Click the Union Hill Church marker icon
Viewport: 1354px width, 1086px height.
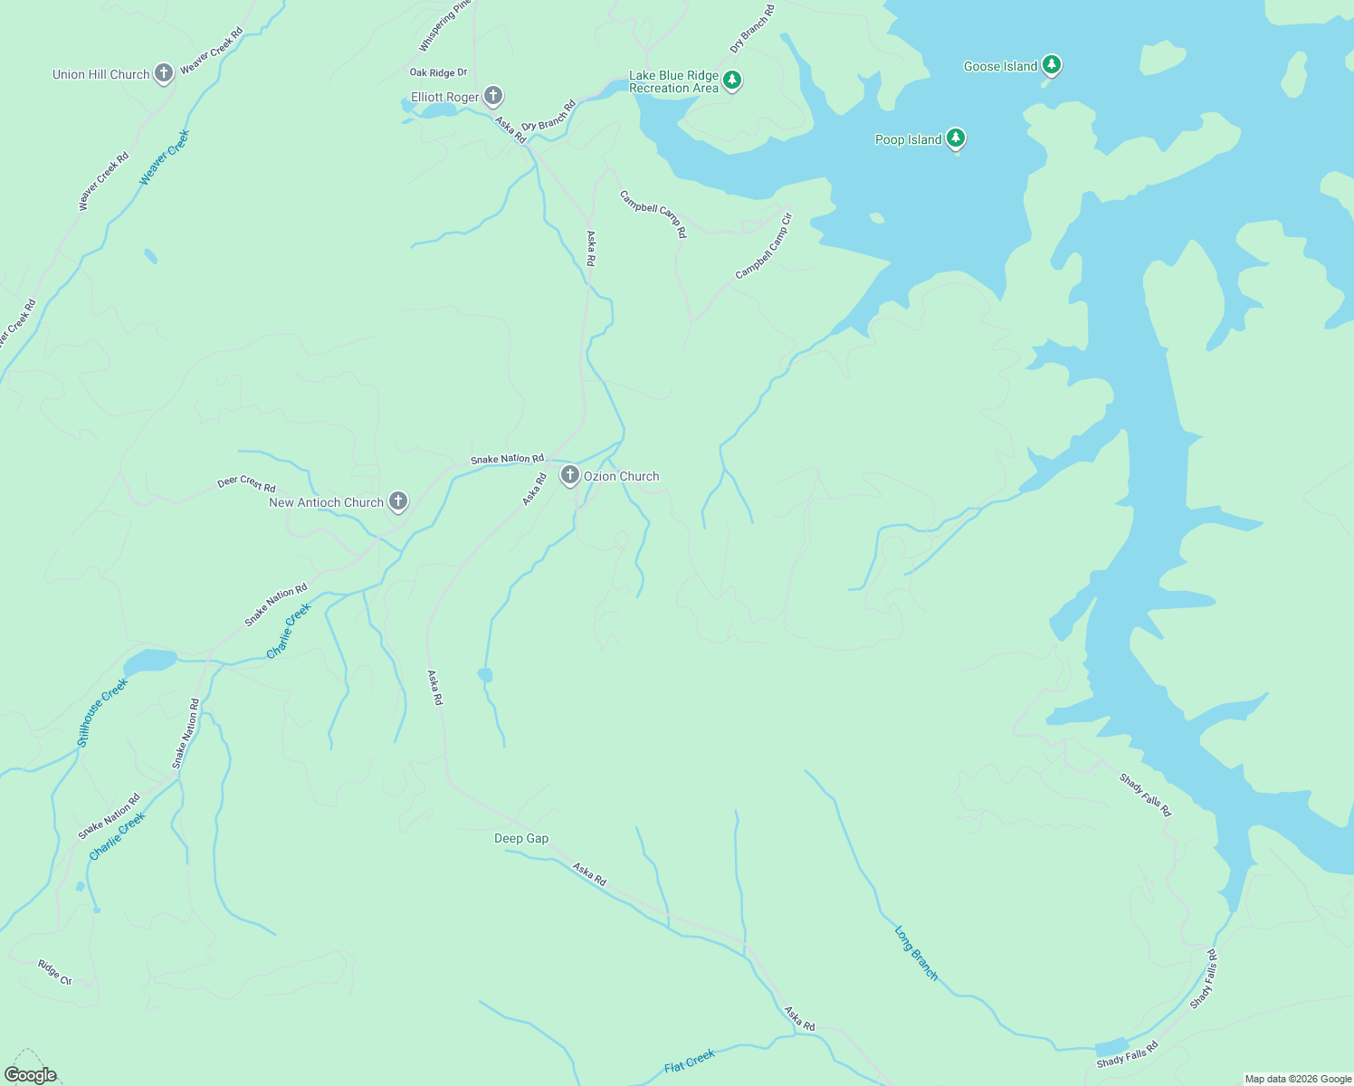point(163,73)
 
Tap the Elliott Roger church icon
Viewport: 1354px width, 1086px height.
point(492,95)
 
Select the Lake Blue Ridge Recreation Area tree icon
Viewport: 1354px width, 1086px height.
point(732,81)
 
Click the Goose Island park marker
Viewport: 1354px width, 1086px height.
point(1051,64)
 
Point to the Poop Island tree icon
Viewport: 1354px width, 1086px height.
point(956,138)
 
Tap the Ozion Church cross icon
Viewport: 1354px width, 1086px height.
point(569,474)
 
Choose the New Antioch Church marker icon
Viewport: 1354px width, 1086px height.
point(397,500)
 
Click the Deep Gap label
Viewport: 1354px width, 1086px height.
point(521,838)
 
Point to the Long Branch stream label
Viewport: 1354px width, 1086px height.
point(916,952)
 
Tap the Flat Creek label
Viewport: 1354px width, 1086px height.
point(690,1061)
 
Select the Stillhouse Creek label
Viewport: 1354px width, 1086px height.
point(102,712)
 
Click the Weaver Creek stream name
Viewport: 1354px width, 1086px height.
point(165,157)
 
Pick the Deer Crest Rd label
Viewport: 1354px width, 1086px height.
point(246,484)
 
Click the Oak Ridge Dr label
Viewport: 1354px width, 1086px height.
point(438,72)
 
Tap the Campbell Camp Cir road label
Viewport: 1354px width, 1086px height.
point(763,246)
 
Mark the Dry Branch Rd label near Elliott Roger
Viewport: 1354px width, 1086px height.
point(548,116)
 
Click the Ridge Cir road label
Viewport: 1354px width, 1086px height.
point(54,972)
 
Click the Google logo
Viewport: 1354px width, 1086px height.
point(31,1075)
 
